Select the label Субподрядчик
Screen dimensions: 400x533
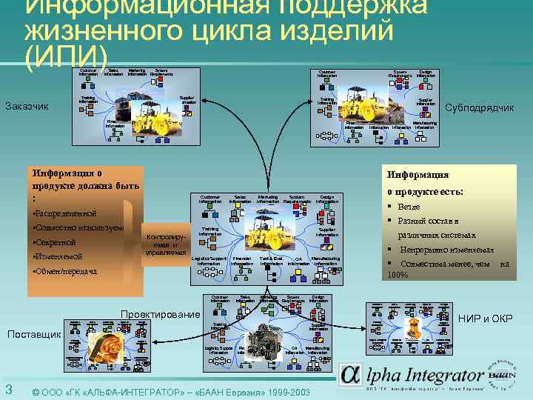(479, 108)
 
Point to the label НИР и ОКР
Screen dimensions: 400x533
(485, 319)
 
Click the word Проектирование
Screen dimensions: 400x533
(160, 315)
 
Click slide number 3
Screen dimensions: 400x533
(7, 390)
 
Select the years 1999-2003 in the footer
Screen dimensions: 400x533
(284, 390)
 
